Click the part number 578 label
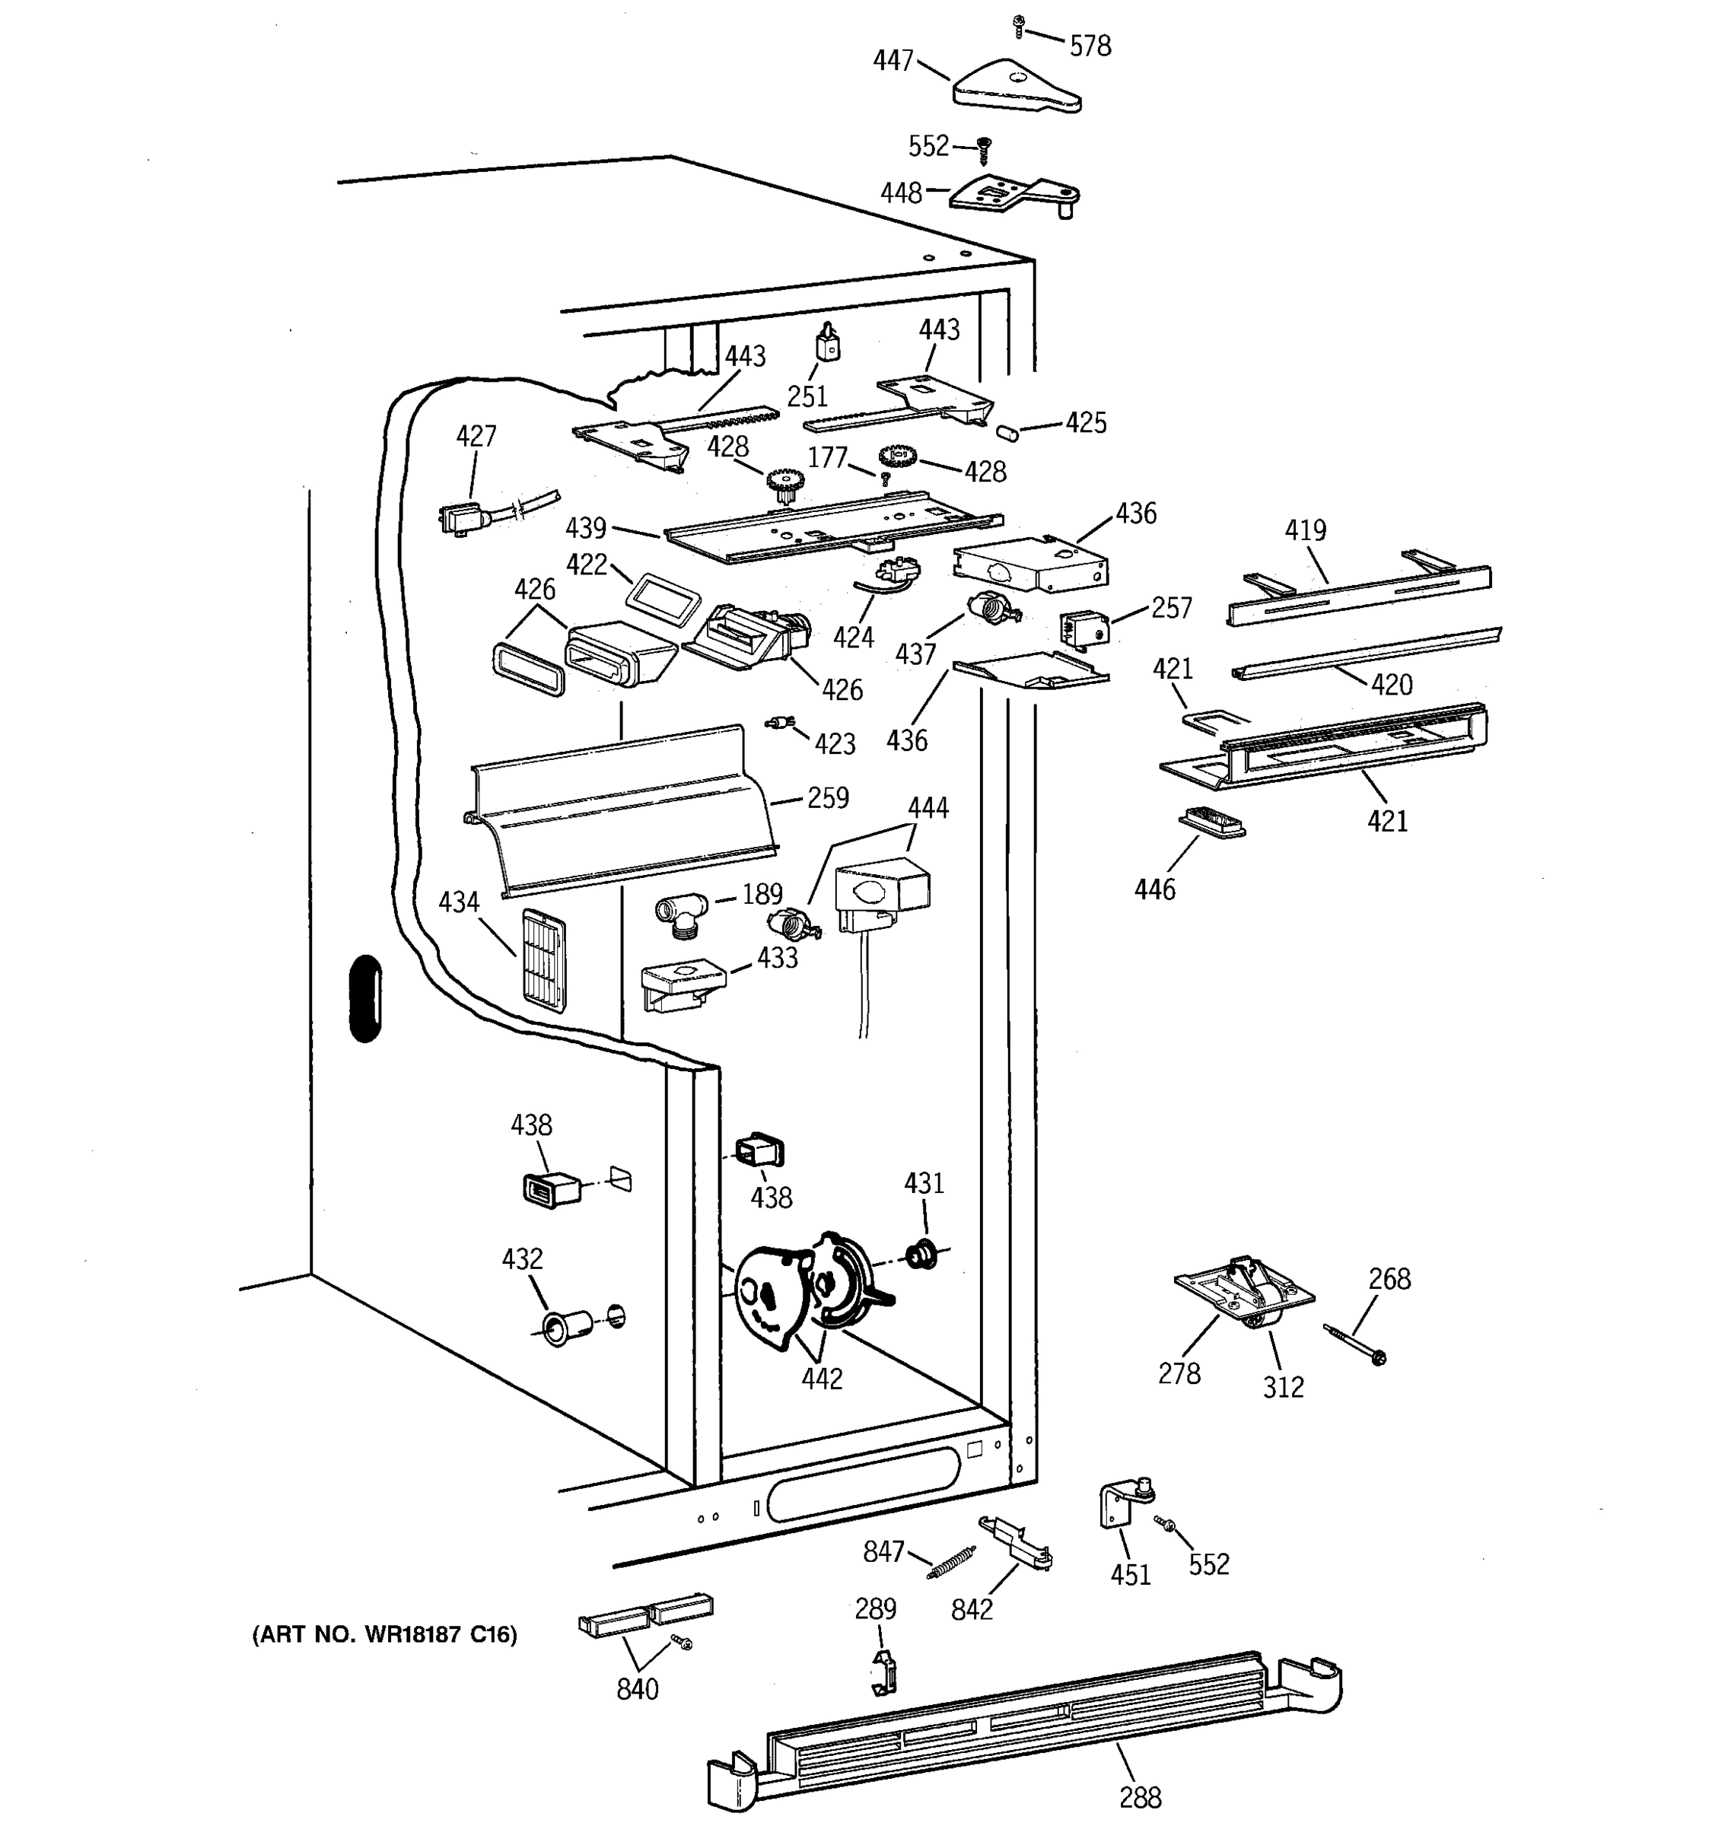(x=1090, y=45)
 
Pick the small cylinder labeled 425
(x=1007, y=431)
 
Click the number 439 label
(x=586, y=527)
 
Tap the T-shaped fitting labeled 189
(x=680, y=915)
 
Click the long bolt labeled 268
(x=1354, y=1344)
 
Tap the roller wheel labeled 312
(x=1261, y=1321)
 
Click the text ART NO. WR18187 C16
(x=385, y=1634)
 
